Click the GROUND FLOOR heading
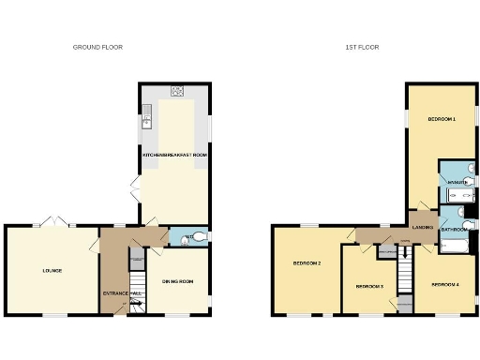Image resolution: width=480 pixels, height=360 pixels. tap(97, 47)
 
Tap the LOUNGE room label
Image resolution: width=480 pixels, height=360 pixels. tap(52, 271)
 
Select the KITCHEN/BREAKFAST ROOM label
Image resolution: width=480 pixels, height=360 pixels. tap(174, 154)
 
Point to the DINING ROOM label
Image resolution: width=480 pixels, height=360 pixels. tap(177, 281)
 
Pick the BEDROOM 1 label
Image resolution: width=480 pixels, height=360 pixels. tap(442, 119)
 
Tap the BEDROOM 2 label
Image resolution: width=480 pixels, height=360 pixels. tap(307, 263)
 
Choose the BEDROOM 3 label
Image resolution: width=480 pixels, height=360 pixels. tap(369, 286)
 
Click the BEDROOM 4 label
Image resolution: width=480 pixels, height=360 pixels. tap(443, 284)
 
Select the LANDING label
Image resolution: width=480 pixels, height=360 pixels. tap(422, 226)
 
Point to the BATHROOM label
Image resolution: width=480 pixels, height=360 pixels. tap(455, 229)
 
